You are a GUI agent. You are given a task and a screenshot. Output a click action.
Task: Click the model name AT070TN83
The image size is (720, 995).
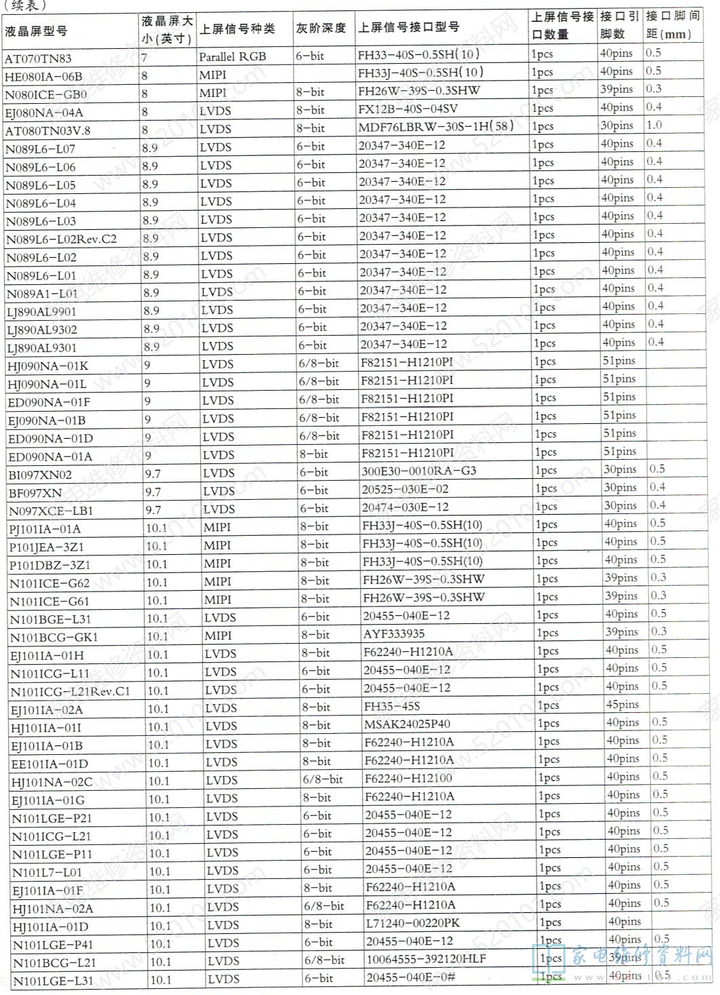[x=38, y=59]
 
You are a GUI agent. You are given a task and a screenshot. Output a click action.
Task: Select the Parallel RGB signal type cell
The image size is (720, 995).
[x=233, y=57]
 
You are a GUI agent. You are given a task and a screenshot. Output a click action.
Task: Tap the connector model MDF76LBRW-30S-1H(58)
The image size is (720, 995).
[x=435, y=126]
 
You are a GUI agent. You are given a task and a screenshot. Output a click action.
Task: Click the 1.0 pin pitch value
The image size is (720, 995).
[x=654, y=125]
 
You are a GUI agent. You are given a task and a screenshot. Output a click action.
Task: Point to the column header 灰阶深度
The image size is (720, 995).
[x=321, y=28]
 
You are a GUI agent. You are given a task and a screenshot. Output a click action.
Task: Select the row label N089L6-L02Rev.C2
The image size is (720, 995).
[x=62, y=239]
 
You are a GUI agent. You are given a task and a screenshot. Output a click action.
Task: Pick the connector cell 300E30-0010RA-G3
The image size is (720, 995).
[x=418, y=471]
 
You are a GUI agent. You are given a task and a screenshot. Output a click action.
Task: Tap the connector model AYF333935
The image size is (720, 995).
[x=394, y=633]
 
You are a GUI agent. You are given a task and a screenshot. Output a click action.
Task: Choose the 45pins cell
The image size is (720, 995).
[x=622, y=705]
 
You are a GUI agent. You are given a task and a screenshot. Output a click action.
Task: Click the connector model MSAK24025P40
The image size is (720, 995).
[x=407, y=724]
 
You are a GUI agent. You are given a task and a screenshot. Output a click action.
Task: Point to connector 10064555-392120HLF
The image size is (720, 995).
[x=426, y=959]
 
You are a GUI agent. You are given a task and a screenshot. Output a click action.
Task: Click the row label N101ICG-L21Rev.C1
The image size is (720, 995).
[x=70, y=692]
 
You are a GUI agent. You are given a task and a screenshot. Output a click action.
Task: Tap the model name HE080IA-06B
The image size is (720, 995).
[x=43, y=77]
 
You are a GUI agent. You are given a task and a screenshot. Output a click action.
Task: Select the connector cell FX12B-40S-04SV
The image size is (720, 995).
[x=408, y=109]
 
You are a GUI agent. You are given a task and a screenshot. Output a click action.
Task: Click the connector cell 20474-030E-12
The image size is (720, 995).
[x=405, y=507]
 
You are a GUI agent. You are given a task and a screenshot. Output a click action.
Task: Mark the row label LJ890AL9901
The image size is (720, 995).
[x=41, y=312]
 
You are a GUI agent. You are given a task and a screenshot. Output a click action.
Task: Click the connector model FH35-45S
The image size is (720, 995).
[x=392, y=706]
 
